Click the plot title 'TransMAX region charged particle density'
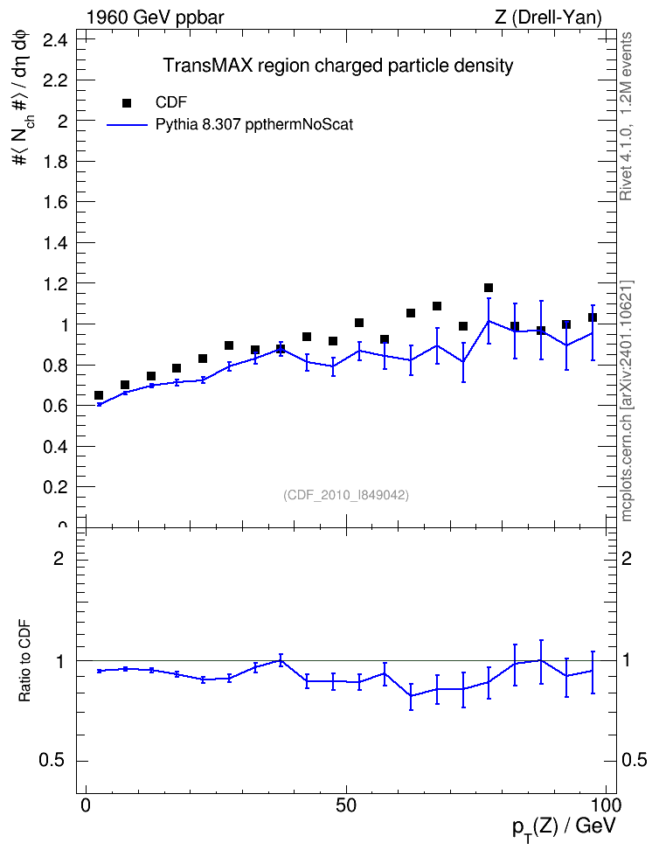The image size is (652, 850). coord(338,66)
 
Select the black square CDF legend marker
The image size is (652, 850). coord(127,103)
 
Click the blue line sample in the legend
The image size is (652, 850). coord(127,125)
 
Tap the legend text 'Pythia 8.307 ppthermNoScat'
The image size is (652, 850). coord(254,125)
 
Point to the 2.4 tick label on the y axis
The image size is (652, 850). coord(55,40)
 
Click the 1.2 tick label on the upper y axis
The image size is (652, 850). coord(55,283)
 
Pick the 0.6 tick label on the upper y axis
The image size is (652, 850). coord(55,406)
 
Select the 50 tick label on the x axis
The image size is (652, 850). coord(346,805)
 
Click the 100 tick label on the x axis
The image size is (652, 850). coord(606,805)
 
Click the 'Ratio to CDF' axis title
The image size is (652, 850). coord(24,661)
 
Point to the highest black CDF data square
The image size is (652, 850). coord(489,288)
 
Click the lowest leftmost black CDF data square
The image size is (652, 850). coord(99,395)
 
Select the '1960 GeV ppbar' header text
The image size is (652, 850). coord(155,17)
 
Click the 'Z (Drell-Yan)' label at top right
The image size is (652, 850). coord(548,17)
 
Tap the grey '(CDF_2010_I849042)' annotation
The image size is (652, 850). coord(346,495)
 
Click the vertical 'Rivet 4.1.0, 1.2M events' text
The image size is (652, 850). coord(626,116)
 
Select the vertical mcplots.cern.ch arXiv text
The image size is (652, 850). coord(627,401)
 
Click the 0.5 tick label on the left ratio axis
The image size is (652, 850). coord(52,761)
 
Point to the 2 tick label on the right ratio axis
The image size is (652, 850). coord(627,558)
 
